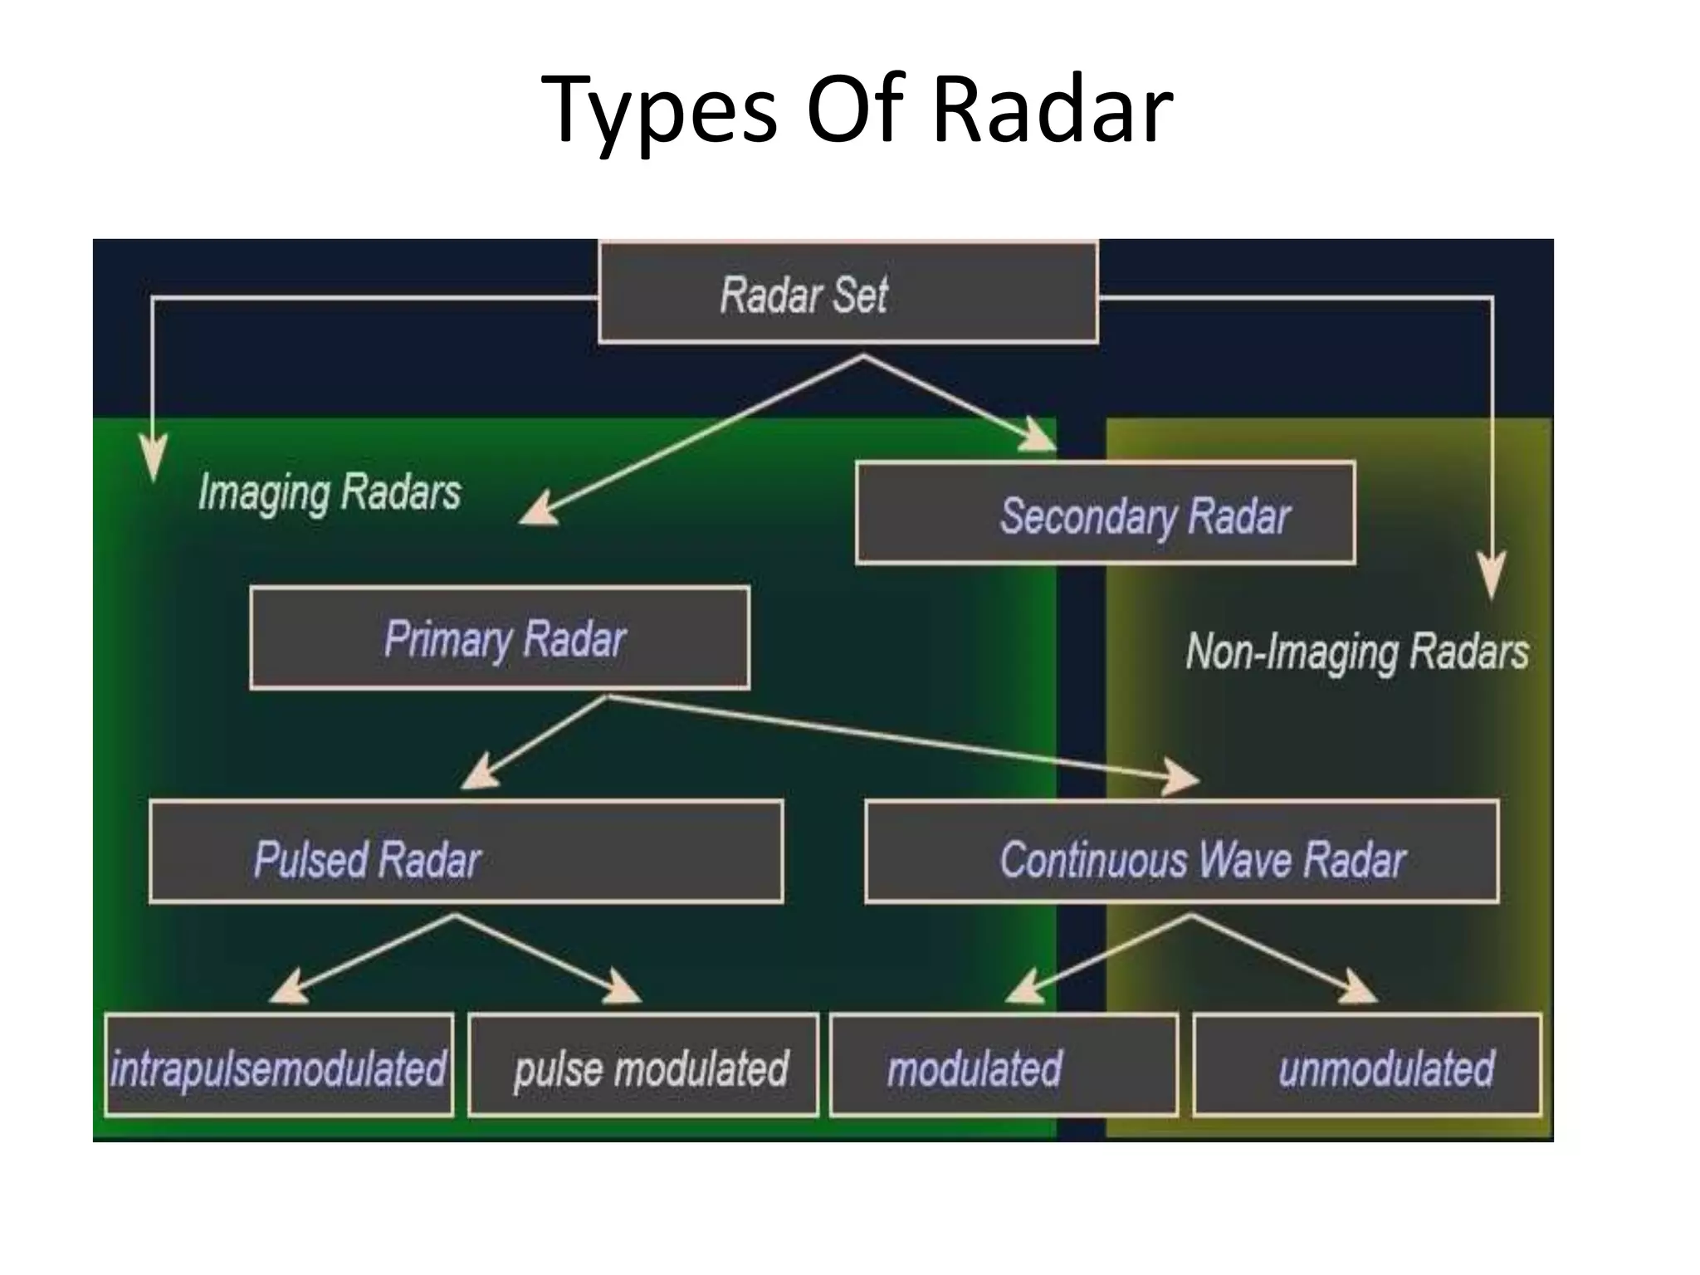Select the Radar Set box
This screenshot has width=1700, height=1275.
click(848, 293)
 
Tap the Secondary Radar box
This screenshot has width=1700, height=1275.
click(1105, 514)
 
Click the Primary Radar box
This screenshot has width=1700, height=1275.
click(500, 638)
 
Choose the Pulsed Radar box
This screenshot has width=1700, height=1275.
click(466, 852)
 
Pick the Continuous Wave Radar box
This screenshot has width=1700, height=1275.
click(1181, 852)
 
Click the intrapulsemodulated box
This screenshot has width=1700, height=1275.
click(279, 1066)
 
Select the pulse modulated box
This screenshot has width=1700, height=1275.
click(643, 1066)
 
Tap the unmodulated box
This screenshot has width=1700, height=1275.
click(1367, 1066)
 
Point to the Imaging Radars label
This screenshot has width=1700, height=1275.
click(330, 492)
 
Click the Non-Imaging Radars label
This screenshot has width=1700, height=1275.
click(1356, 651)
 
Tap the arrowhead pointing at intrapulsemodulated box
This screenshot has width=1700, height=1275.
click(287, 989)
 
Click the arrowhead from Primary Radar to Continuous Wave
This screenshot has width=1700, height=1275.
click(1180, 778)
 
